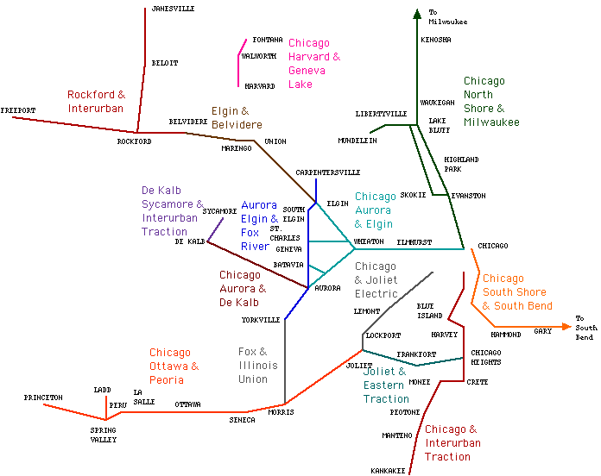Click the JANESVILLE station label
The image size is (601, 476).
pyautogui.click(x=173, y=9)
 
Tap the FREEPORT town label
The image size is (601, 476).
pyautogui.click(x=18, y=111)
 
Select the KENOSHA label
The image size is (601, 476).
pyautogui.click(x=436, y=40)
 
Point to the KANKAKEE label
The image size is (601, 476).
pyautogui.click(x=389, y=471)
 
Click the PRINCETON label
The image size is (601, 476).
pyautogui.click(x=43, y=398)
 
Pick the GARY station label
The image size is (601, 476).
pyautogui.click(x=543, y=331)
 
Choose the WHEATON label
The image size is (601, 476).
pyautogui.click(x=369, y=241)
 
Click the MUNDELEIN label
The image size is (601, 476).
pyautogui.click(x=357, y=140)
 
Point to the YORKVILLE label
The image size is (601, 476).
pyautogui.click(x=261, y=320)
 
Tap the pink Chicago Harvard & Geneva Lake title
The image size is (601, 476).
pyautogui.click(x=313, y=64)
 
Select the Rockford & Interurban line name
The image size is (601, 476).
pyautogui.click(x=97, y=102)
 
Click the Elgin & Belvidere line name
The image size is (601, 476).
pyautogui.click(x=237, y=118)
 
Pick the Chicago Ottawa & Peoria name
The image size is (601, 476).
pyautogui.click(x=174, y=366)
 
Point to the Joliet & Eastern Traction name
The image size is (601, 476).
pyautogui.click(x=386, y=385)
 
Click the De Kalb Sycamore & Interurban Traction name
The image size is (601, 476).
pyautogui.click(x=173, y=211)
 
